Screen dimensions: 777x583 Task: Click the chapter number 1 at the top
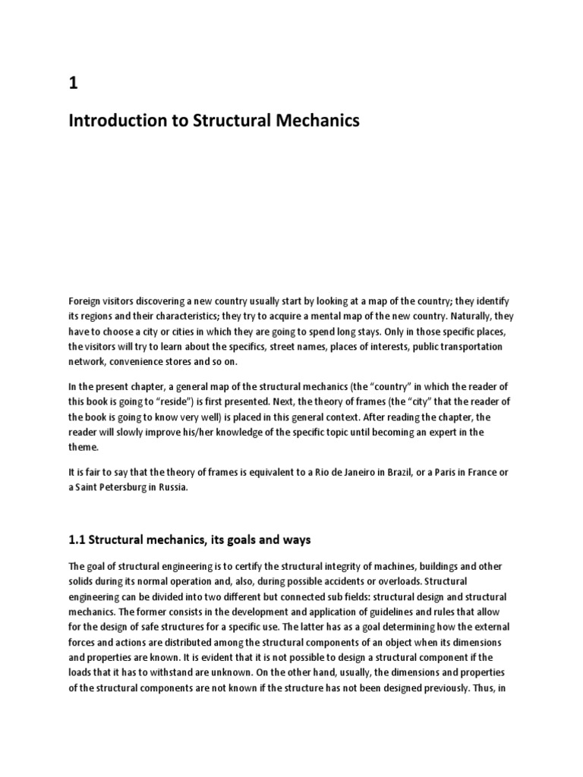tap(74, 84)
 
